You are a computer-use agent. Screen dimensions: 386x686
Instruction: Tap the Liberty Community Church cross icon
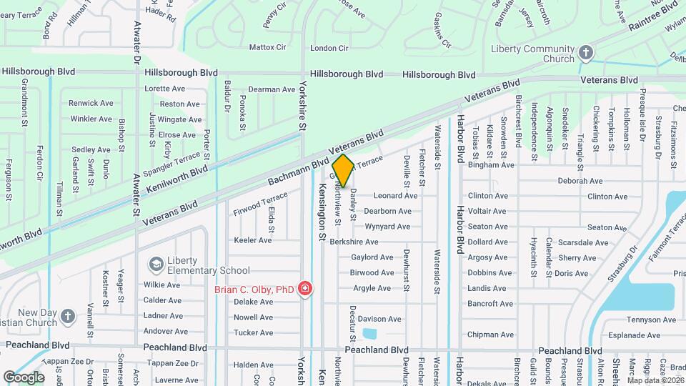(585, 53)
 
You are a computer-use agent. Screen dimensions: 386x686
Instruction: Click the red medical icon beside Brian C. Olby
(305, 289)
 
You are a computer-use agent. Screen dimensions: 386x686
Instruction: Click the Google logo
(24, 377)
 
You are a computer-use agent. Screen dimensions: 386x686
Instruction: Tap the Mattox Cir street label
(267, 48)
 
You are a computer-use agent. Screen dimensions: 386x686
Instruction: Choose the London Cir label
(329, 49)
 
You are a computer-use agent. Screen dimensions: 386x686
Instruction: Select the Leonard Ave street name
(395, 196)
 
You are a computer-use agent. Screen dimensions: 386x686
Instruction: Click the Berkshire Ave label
(354, 242)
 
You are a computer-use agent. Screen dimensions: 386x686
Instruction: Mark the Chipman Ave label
(490, 335)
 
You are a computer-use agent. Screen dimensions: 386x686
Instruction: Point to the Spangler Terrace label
(171, 164)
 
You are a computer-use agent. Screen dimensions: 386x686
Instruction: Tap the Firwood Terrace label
(260, 204)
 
